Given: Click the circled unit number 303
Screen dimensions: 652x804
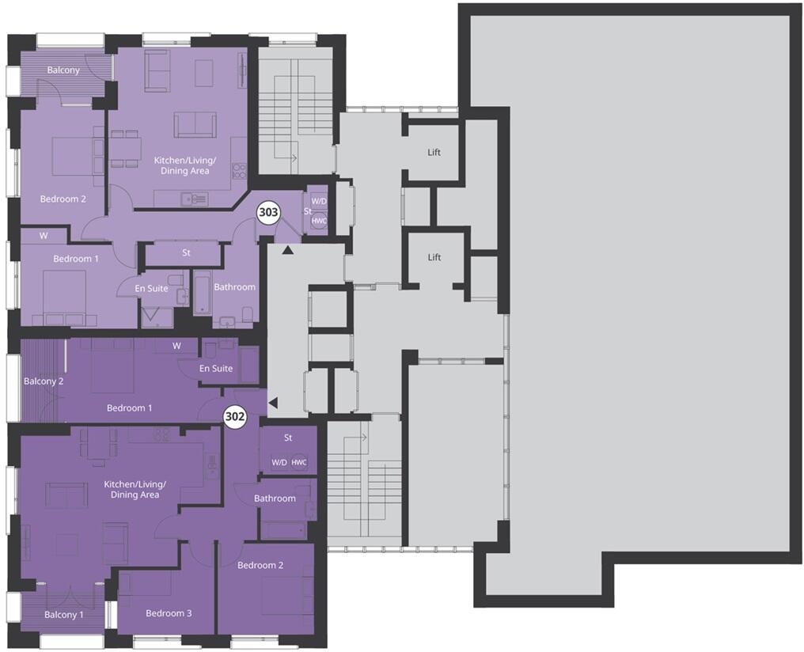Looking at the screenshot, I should click(268, 212).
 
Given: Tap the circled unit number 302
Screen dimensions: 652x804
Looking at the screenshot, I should click(235, 417).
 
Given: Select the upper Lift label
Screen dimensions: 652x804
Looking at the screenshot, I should click(434, 152).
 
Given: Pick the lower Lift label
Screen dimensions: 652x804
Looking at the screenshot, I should click(434, 257).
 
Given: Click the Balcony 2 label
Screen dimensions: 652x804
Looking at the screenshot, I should click(44, 381).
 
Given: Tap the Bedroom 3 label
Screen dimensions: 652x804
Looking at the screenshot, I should click(168, 613).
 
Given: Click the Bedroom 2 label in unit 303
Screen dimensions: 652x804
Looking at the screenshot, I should click(63, 199).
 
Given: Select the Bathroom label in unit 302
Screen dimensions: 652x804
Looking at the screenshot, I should click(275, 498).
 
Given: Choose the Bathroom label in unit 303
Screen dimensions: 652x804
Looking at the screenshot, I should click(234, 286).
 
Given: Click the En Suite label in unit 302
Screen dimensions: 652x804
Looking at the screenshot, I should click(215, 368).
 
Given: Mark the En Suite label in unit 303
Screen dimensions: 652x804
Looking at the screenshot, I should click(151, 288).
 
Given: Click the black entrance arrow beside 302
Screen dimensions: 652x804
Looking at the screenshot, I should click(273, 404).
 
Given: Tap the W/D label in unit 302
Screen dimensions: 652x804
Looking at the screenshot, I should click(279, 462).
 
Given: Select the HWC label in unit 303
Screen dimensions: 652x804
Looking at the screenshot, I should click(319, 221).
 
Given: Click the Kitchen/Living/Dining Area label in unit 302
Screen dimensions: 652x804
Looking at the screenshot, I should click(132, 489).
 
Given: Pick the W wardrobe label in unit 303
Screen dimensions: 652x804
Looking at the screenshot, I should click(43, 235).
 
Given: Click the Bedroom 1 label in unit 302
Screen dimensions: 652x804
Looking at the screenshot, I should click(130, 407).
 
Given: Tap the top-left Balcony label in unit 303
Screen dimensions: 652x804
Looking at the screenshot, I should click(63, 70).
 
